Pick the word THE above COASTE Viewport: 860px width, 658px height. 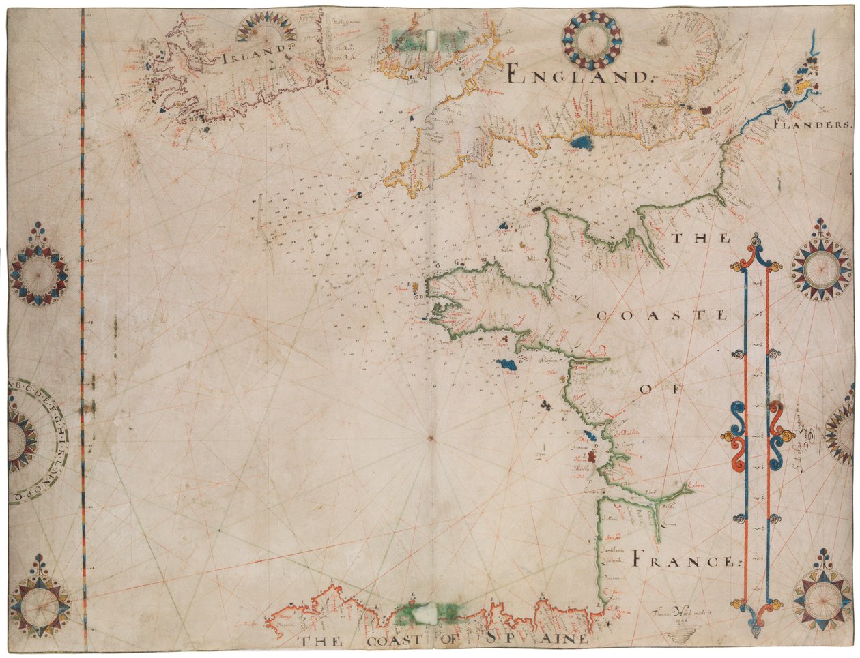click(x=699, y=239)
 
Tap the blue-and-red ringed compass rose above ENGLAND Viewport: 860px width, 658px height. click(x=592, y=40)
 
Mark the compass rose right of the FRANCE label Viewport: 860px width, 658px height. click(x=822, y=599)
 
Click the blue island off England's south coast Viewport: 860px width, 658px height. click(x=582, y=143)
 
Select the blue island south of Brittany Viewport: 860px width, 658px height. click(x=508, y=365)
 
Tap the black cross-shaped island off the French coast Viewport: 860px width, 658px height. click(x=545, y=406)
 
